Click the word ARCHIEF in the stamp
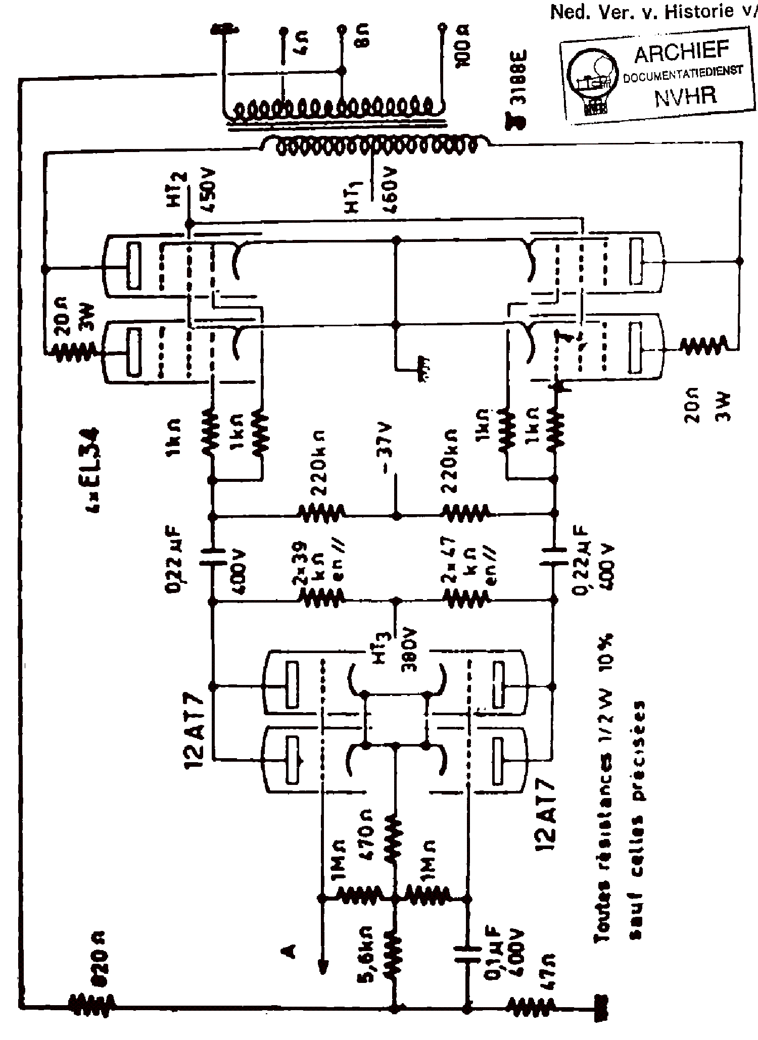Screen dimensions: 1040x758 (682, 52)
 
